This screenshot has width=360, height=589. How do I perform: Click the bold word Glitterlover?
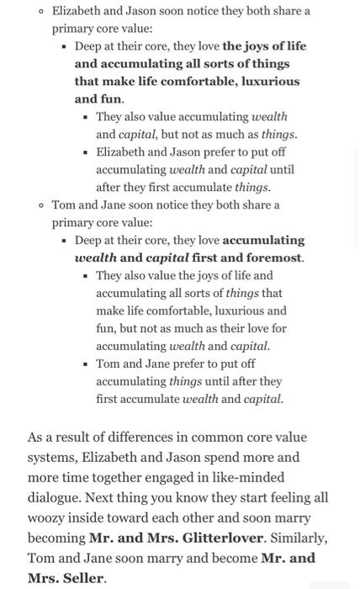coord(220,538)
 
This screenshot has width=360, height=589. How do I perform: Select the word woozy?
coord(48,517)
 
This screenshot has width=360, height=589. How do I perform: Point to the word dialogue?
coord(55,497)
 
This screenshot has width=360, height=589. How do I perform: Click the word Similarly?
coord(299,538)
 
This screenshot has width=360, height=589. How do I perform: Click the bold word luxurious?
coord(270,82)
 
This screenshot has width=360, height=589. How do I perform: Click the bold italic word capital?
coord(167,257)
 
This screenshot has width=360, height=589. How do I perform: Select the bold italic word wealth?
coord(95,257)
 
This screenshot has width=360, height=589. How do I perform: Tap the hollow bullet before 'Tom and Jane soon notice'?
coord(41,204)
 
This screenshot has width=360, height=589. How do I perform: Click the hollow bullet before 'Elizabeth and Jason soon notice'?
coord(41,11)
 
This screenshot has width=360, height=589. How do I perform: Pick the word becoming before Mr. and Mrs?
coord(56,538)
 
